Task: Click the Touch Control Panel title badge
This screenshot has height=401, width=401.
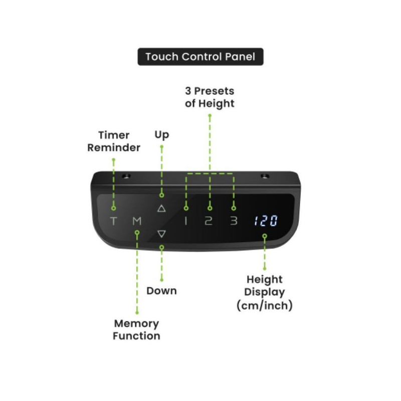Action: point(200,57)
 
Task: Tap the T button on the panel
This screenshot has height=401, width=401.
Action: point(114,221)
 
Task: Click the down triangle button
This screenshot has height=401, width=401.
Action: point(161,234)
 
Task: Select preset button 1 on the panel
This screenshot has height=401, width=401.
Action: point(186,221)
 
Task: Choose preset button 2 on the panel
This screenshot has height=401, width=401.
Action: point(209,221)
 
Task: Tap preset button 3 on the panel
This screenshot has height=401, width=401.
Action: point(233,221)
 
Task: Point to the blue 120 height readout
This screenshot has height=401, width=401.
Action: point(265,221)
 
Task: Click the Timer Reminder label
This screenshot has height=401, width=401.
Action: point(114,141)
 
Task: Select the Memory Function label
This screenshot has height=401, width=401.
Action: point(136,330)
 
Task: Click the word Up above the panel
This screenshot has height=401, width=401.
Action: point(161,135)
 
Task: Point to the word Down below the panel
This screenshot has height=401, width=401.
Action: point(161,291)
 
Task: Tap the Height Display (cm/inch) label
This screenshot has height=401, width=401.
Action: point(264,292)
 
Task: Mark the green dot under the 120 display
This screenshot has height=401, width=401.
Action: point(265,236)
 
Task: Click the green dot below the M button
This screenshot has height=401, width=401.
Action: point(137,232)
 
